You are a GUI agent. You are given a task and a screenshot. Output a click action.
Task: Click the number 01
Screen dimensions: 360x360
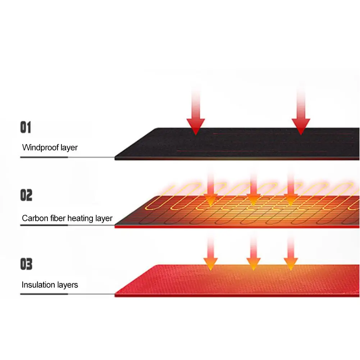tap(26, 128)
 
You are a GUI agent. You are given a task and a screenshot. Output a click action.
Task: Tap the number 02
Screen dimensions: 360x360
tap(26, 196)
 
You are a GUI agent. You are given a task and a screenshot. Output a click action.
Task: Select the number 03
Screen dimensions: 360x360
tap(26, 264)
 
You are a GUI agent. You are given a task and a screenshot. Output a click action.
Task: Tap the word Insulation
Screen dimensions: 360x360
tap(38, 285)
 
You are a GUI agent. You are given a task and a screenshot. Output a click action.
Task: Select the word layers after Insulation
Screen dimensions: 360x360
tap(67, 285)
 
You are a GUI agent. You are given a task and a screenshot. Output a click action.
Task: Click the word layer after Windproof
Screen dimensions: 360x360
tap(69, 147)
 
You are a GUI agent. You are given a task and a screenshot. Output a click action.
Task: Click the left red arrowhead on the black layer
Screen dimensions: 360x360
tap(196, 127)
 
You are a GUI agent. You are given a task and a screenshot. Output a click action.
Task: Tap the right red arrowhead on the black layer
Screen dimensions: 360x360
tap(301, 127)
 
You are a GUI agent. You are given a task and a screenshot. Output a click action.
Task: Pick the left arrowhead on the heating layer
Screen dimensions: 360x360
tap(211, 199)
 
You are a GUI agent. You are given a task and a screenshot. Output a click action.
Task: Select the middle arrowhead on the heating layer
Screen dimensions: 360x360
tap(253, 199)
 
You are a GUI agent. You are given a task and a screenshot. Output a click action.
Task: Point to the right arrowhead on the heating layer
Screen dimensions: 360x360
tap(291, 199)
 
